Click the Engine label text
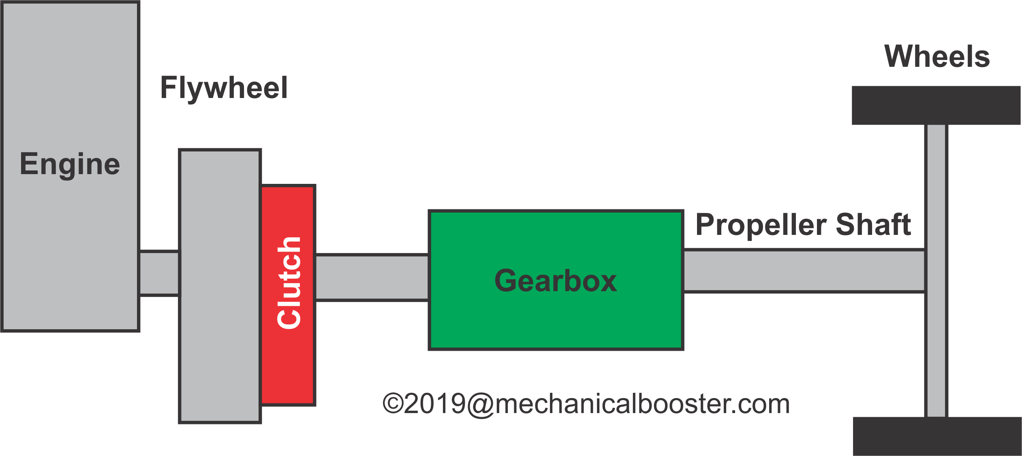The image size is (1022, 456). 70,164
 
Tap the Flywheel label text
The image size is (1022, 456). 224,88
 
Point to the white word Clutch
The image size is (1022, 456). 289,283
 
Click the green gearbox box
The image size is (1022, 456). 555,320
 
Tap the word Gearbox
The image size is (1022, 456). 555,281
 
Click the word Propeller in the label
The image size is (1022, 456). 761,225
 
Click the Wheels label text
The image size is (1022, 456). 937,57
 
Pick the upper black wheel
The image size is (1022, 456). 936,105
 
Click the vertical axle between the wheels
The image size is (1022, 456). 936,344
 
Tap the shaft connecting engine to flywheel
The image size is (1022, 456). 159,273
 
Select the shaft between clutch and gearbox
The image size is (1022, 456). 372,278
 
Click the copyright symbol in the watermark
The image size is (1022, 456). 393,403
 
